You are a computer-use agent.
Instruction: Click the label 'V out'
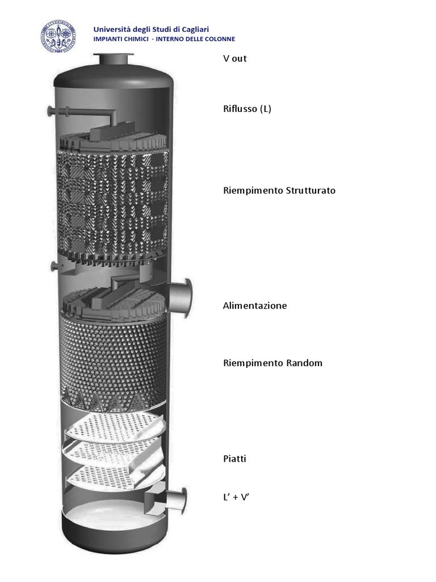pos(235,59)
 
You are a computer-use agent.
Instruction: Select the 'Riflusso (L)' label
pos(247,109)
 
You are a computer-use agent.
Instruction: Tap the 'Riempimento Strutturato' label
pos(279,190)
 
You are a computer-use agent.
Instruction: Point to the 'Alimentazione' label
pos(255,306)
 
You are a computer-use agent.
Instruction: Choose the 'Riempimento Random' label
pos(272,363)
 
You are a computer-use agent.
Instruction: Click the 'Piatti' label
pos(234,458)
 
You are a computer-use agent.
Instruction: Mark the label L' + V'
pos(236,497)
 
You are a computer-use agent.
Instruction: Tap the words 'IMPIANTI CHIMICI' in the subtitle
pos(118,39)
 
